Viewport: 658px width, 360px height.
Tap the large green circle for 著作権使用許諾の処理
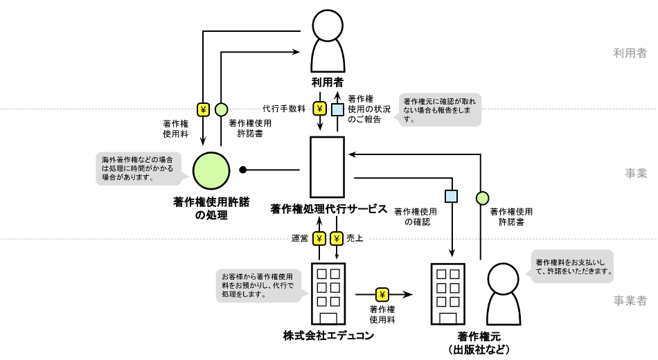[x=211, y=170]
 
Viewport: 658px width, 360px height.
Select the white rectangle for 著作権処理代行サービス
[x=327, y=167]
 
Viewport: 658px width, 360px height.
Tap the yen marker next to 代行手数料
[x=320, y=109]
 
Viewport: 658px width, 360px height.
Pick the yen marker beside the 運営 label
[x=319, y=239]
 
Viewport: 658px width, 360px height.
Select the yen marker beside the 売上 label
[x=337, y=239]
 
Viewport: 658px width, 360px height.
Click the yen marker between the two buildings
[x=382, y=294]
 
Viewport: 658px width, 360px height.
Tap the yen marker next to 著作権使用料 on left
[x=204, y=109]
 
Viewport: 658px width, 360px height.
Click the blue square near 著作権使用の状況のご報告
[x=337, y=109]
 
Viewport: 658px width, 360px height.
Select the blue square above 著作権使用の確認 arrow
[x=452, y=196]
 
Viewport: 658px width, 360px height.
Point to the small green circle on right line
[x=482, y=199]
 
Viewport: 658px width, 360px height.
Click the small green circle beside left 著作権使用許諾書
[x=221, y=109]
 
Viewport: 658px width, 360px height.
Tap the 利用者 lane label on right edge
[x=630, y=53]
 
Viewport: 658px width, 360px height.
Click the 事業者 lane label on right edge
[x=630, y=300]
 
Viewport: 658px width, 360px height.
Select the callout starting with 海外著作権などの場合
[x=136, y=168]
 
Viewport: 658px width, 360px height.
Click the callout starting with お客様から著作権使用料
[x=258, y=285]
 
